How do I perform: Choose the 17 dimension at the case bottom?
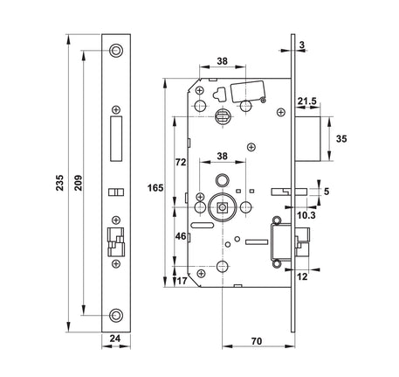(182, 281)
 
